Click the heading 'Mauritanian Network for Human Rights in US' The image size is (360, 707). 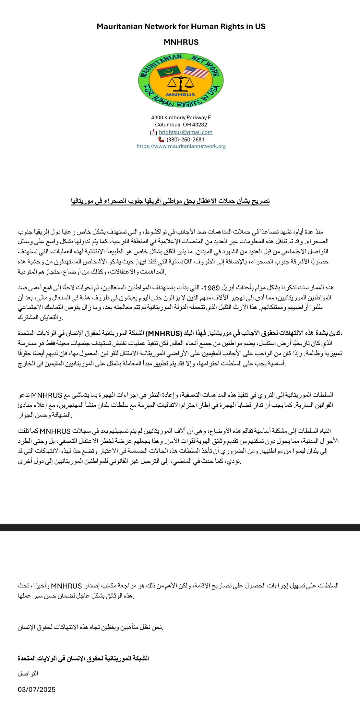pyautogui.click(x=181, y=27)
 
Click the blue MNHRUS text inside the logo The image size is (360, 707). pyautogui.click(x=181, y=95)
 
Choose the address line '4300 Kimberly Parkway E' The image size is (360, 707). pyautogui.click(x=181, y=117)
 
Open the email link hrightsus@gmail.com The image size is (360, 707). pyautogui.click(x=186, y=132)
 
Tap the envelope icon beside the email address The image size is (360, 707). pyautogui.click(x=153, y=132)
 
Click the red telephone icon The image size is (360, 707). pyautogui.click(x=161, y=139)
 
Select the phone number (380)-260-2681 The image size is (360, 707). pyautogui.click(x=186, y=139)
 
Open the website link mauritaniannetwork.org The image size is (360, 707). pyautogui.click(x=181, y=146)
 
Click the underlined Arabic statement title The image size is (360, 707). pyautogui.click(x=170, y=201)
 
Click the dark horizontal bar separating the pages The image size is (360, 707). pyautogui.click(x=180, y=527)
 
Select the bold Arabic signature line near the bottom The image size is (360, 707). pyautogui.click(x=83, y=658)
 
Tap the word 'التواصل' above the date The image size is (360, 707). pyautogui.click(x=28, y=674)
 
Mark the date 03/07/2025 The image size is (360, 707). pyautogui.click(x=37, y=689)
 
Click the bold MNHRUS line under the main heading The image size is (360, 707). pyautogui.click(x=181, y=42)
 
